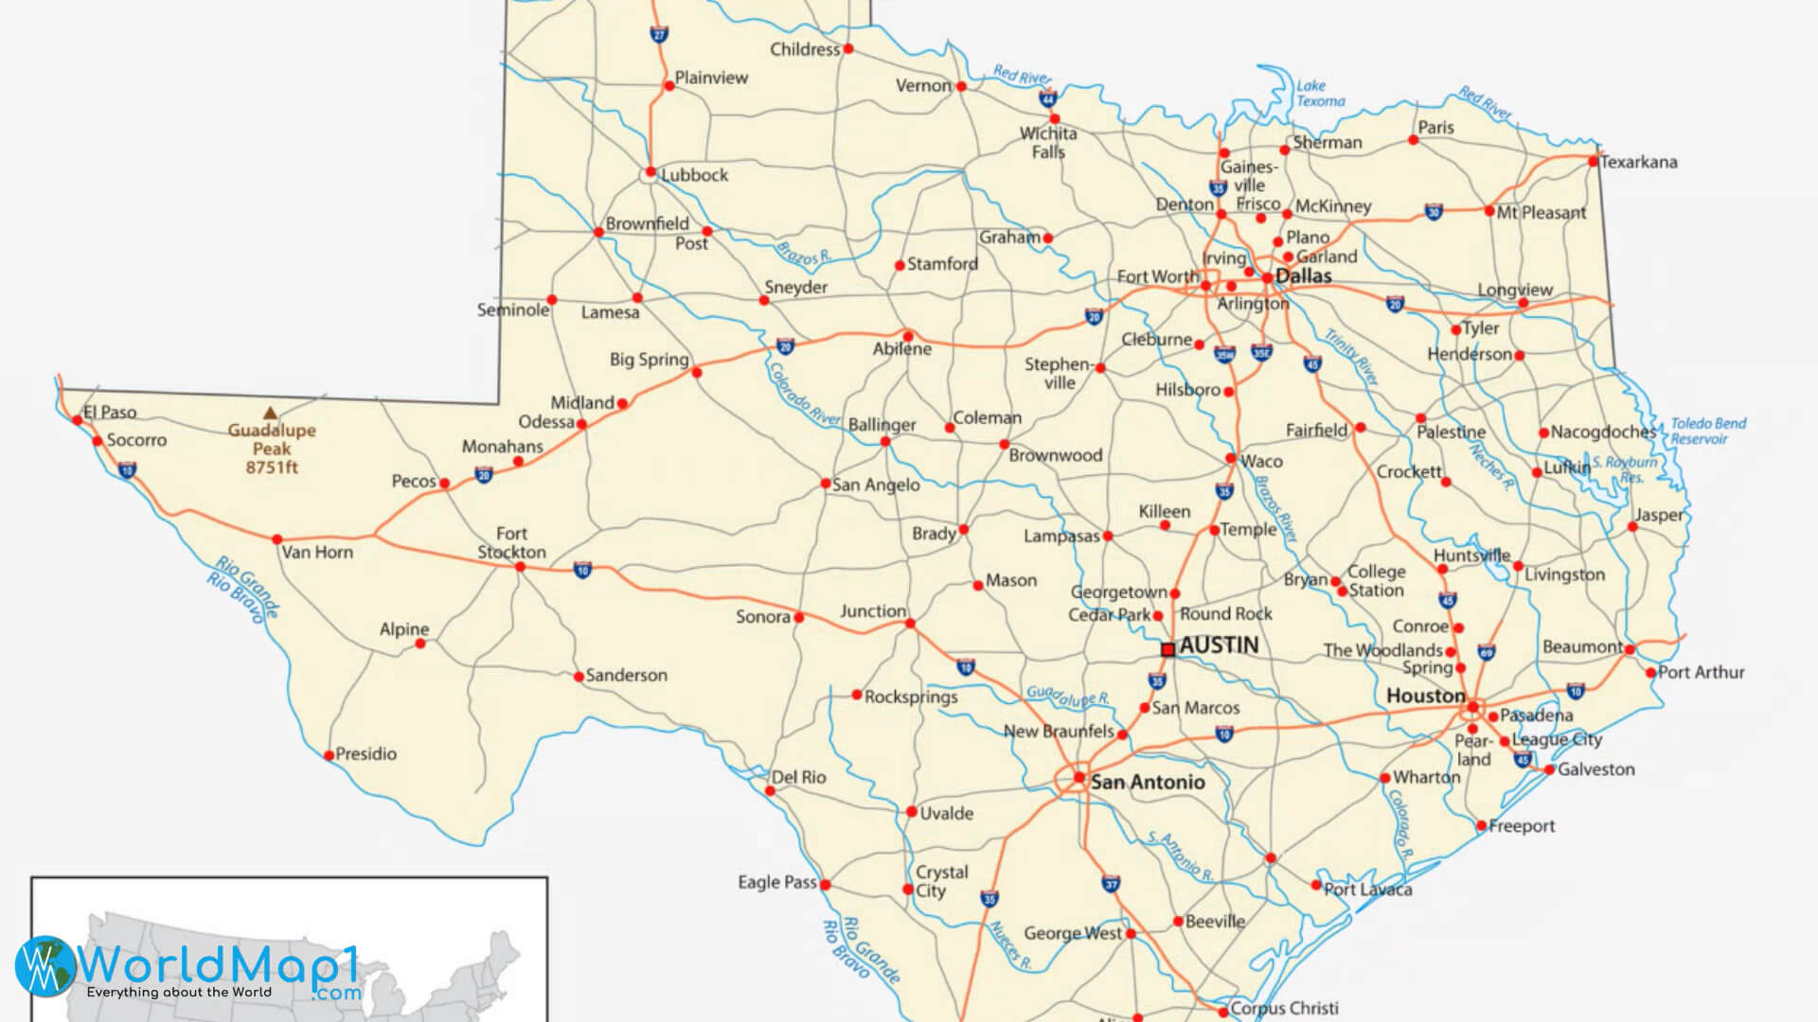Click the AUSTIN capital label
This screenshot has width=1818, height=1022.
coord(1219,645)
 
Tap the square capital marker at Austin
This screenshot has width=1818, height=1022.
coord(1168,649)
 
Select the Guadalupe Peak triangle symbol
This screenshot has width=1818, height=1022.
coord(271,413)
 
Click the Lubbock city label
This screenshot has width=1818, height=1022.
coord(694,175)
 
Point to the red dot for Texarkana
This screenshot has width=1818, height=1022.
coord(1593,162)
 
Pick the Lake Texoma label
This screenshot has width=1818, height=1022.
coord(1320,93)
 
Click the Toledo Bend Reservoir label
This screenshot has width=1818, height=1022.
coord(1707,431)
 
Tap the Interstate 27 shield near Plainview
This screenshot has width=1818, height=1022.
coord(659,34)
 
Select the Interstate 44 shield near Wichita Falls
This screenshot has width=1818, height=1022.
coord(1047,98)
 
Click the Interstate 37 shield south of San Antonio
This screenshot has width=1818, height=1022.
coord(1112,884)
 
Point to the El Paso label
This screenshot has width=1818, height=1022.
coord(110,412)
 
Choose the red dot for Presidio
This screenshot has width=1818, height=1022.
coord(330,755)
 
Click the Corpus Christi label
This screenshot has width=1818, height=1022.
coord(1284,1008)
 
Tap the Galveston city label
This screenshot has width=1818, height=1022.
coord(1595,769)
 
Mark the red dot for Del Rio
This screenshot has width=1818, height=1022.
coord(770,791)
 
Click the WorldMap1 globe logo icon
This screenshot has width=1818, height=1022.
coord(45,965)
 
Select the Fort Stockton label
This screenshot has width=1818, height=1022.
coord(511,543)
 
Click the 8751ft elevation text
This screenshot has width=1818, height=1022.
coord(272,467)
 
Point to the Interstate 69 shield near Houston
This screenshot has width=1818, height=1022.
coord(1487,653)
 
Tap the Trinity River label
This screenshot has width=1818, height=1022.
coord(1351,357)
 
